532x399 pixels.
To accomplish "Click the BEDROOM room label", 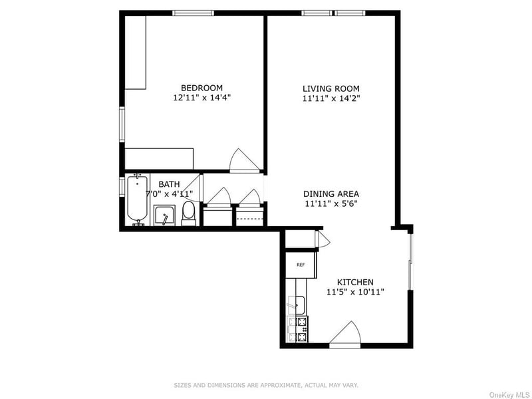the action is (201, 88).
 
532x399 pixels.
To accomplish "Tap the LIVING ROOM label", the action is (331, 89).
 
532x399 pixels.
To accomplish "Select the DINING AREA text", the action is (331, 194).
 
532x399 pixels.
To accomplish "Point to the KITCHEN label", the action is (355, 282).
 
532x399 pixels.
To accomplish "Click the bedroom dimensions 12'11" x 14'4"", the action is (202, 98).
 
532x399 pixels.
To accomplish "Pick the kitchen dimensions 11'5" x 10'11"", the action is (355, 291).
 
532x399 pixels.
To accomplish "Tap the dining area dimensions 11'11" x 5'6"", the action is (331, 203).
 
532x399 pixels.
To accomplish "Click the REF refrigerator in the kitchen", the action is (301, 265).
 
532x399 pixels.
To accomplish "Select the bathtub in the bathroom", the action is (138, 199).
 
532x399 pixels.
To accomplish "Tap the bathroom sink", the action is (164, 215).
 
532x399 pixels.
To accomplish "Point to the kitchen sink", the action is (297, 305).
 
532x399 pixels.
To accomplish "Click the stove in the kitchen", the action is (297, 329).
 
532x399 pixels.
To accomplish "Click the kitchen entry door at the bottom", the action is (345, 335).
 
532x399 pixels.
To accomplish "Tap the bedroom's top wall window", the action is (194, 13).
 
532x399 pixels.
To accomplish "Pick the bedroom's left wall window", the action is (122, 124).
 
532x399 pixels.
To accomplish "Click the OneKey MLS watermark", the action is (509, 395).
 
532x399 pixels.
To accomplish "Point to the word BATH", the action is (169, 184).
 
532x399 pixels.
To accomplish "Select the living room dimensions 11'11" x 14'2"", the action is (331, 98).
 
